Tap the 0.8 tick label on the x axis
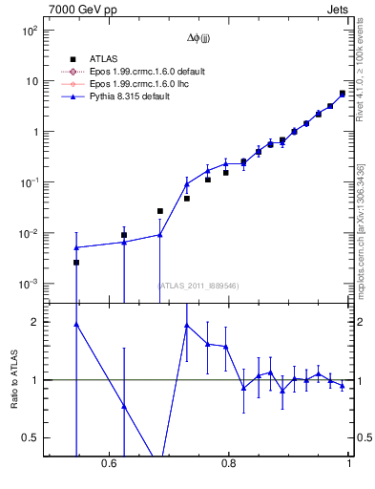pyautogui.click(x=229, y=463)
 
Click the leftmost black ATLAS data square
pyautogui.click(x=76, y=262)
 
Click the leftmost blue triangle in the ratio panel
pyautogui.click(x=76, y=325)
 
